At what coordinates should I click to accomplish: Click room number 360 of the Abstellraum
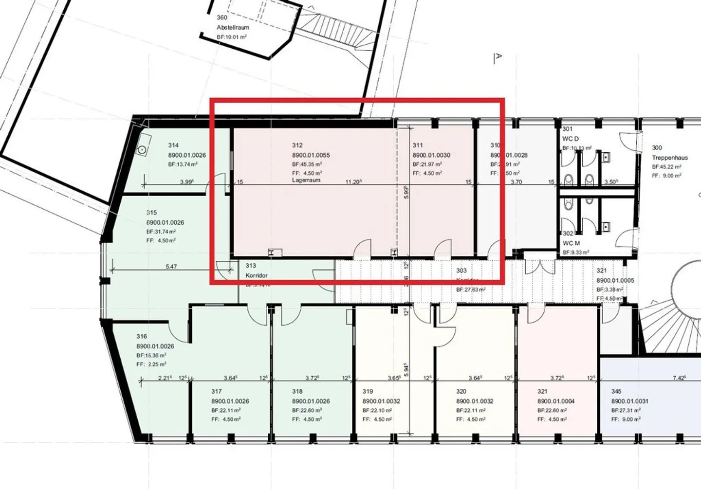coord(221,18)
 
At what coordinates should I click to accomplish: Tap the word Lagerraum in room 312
coord(306,180)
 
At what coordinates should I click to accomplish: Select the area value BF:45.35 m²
coord(307,164)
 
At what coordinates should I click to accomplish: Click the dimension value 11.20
coord(353,182)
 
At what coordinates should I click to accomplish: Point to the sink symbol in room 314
coord(142,150)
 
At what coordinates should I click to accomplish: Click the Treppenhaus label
coord(670,158)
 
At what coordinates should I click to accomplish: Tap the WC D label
coord(571,139)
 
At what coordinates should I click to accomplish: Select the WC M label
coord(571,243)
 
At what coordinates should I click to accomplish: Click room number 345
coord(616,391)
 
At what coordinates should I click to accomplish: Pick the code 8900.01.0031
coord(630,401)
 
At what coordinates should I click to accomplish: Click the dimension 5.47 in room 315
coord(171,267)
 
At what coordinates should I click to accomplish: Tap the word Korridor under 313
coord(257,275)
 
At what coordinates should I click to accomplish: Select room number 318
coord(297,391)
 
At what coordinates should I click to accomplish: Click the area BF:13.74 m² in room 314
coord(183,164)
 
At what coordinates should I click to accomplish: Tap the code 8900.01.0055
coord(311,155)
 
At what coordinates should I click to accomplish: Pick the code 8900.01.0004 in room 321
coord(556,401)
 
